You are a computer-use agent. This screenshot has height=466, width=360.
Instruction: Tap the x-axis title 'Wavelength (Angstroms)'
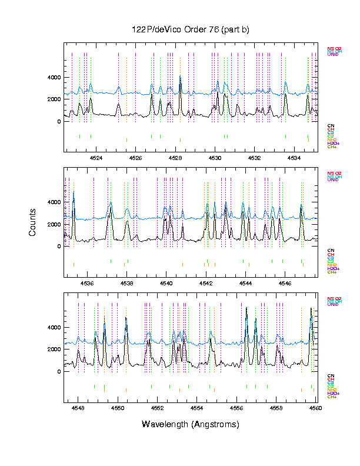click(x=191, y=424)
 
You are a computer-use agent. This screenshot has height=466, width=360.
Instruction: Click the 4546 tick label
click(x=285, y=282)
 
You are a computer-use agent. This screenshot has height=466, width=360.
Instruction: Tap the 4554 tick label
click(x=197, y=407)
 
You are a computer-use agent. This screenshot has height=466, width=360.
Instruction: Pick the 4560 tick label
click(x=315, y=407)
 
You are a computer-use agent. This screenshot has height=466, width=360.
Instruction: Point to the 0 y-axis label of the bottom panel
click(x=58, y=372)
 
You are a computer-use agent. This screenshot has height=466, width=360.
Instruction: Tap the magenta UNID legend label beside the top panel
click(x=333, y=55)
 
